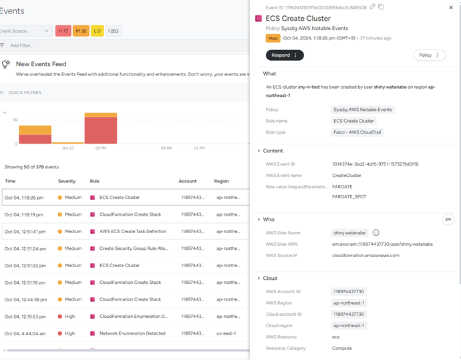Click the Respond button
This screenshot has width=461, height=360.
click(285, 55)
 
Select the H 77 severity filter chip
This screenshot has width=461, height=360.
click(63, 31)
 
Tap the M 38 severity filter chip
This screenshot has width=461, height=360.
click(81, 31)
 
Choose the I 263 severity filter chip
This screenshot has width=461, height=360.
click(113, 31)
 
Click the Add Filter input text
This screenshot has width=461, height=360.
click(22, 45)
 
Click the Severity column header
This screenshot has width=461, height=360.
click(67, 181)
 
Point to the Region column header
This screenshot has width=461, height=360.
click(221, 181)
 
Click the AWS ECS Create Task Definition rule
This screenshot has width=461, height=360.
click(133, 232)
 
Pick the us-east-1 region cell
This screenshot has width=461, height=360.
click(225, 333)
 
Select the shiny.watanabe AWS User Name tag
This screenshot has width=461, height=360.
click(349, 232)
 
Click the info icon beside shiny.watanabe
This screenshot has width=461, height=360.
click(376, 232)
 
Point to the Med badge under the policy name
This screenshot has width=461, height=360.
click(272, 38)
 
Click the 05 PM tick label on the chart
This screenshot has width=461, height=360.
click(101, 148)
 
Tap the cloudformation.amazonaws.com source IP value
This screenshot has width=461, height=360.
click(365, 255)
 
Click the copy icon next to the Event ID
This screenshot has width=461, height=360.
click(381, 7)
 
